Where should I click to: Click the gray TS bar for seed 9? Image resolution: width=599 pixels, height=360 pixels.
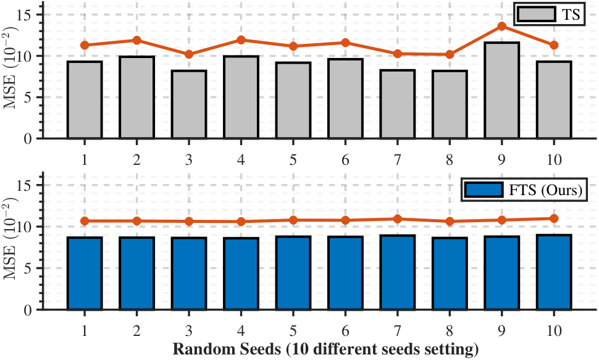(x=502, y=91)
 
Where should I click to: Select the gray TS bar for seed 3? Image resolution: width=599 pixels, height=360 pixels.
(x=188, y=105)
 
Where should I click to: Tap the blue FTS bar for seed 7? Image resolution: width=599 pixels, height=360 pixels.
(x=398, y=272)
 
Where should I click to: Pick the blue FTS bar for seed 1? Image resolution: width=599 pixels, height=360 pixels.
(x=85, y=273)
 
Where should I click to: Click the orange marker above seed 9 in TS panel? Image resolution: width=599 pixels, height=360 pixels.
(x=502, y=26)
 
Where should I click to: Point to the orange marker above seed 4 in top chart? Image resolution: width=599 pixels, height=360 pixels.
(x=241, y=40)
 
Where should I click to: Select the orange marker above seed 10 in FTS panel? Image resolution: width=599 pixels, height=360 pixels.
(x=554, y=219)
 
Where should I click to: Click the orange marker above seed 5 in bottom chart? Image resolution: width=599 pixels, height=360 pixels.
(x=293, y=220)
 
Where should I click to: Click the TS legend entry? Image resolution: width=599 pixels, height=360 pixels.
(x=550, y=14)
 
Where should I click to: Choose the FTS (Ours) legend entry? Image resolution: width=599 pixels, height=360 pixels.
(x=524, y=190)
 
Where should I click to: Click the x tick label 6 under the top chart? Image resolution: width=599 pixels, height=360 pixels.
(x=345, y=159)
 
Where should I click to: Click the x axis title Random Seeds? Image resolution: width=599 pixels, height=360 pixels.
(x=325, y=350)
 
